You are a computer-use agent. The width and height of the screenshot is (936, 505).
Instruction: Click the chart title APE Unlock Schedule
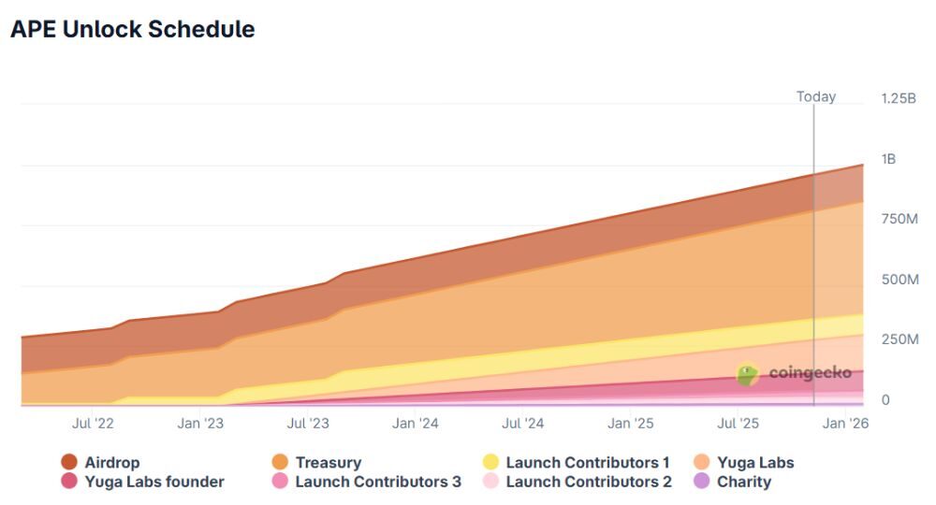click(x=132, y=29)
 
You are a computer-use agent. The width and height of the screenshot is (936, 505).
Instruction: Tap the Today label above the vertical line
click(x=815, y=96)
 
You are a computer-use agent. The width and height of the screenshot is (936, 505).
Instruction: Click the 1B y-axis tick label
click(x=888, y=159)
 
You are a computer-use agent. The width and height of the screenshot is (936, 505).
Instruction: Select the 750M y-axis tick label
click(x=899, y=219)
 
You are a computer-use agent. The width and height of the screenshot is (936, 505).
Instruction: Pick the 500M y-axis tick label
click(x=899, y=280)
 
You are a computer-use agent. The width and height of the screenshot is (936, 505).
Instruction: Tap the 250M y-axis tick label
click(x=899, y=339)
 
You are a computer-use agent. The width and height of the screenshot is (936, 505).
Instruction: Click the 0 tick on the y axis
click(x=885, y=400)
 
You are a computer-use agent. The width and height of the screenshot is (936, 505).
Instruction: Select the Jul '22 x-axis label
click(x=93, y=424)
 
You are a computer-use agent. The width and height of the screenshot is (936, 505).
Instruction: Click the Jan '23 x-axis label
click(x=200, y=424)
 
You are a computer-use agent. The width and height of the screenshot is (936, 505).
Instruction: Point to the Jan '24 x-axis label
click(x=416, y=424)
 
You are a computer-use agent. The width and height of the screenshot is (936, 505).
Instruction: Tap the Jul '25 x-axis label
click(x=738, y=424)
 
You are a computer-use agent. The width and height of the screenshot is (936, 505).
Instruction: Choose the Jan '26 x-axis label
click(x=845, y=424)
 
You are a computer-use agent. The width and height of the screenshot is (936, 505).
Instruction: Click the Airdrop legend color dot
click(x=69, y=462)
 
